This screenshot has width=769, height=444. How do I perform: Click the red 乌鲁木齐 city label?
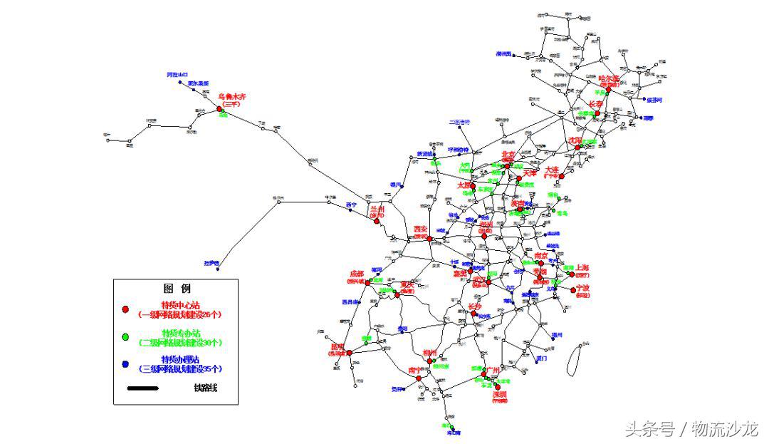231,95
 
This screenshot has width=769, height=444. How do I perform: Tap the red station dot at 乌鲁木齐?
219,109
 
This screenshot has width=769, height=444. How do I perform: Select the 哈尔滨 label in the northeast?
610,78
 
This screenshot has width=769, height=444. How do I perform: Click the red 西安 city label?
421,229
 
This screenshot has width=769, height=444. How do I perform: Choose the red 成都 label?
356,274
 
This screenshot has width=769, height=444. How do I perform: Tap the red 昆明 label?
337,347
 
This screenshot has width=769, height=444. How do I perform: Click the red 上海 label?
582,268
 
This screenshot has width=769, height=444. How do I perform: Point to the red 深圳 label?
499,394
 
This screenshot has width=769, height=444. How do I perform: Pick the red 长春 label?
596,103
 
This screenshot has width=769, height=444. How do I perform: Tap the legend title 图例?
177,289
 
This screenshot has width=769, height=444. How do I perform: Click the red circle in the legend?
125,309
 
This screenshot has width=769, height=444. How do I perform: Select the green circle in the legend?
125,336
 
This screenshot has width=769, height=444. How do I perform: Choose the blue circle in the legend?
125,364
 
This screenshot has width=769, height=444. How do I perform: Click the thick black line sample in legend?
143,388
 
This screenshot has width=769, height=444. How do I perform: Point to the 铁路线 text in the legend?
205,388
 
